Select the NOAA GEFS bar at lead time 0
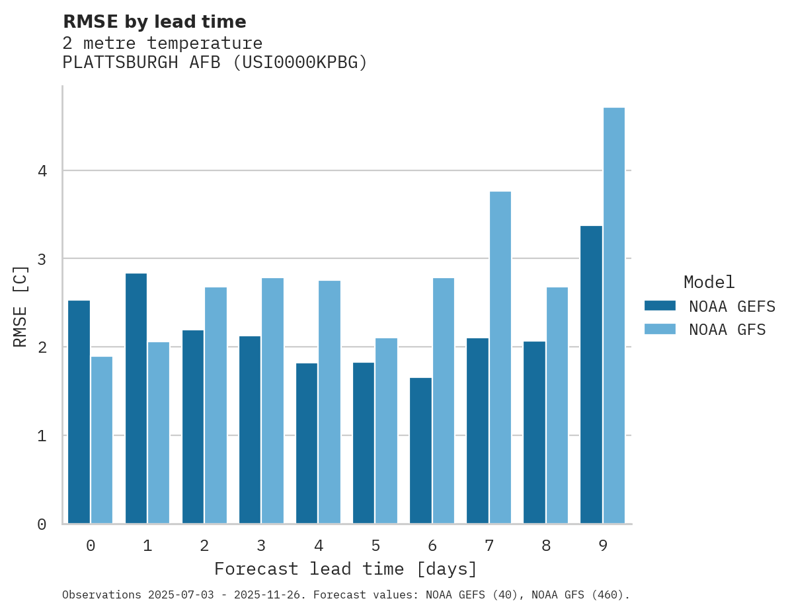79,412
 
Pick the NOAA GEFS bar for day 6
420,451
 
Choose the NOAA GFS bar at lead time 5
387,431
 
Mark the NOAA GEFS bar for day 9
591,375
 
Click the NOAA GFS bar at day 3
272,401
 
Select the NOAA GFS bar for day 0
102,440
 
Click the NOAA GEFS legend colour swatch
660,306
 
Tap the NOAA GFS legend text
727,330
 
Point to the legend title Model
709,283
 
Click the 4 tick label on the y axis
42,171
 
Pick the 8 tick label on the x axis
546,546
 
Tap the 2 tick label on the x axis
204,546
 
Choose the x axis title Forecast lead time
345,569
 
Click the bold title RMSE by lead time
155,22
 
